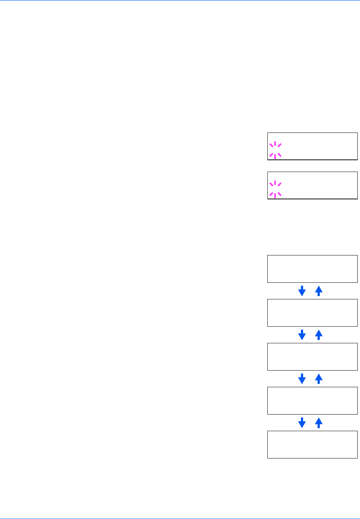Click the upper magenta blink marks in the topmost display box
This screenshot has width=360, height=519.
(x=275, y=145)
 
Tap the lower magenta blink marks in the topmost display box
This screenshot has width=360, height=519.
(x=275, y=155)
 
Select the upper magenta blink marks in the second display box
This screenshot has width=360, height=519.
(x=275, y=184)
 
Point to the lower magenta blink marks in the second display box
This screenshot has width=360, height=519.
(x=275, y=195)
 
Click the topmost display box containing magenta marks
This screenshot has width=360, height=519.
(x=312, y=146)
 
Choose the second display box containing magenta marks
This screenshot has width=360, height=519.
(x=312, y=185)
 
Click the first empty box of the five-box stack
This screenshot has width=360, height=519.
(x=312, y=269)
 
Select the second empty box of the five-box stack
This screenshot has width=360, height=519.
(x=312, y=313)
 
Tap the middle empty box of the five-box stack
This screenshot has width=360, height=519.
(x=312, y=357)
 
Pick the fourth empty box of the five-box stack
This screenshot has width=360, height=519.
(x=312, y=401)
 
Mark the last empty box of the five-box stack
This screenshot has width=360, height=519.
(x=312, y=444)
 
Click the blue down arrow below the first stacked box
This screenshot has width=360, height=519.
(x=302, y=291)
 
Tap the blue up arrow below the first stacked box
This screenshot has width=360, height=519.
(x=319, y=291)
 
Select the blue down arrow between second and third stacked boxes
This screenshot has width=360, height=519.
(x=302, y=335)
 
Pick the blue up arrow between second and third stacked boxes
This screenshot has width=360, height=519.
(x=319, y=335)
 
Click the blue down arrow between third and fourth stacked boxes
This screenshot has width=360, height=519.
(x=302, y=379)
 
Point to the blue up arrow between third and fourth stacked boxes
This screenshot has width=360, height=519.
(x=319, y=379)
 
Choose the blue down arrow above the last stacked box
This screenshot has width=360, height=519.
(x=302, y=423)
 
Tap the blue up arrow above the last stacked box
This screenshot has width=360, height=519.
(x=319, y=423)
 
